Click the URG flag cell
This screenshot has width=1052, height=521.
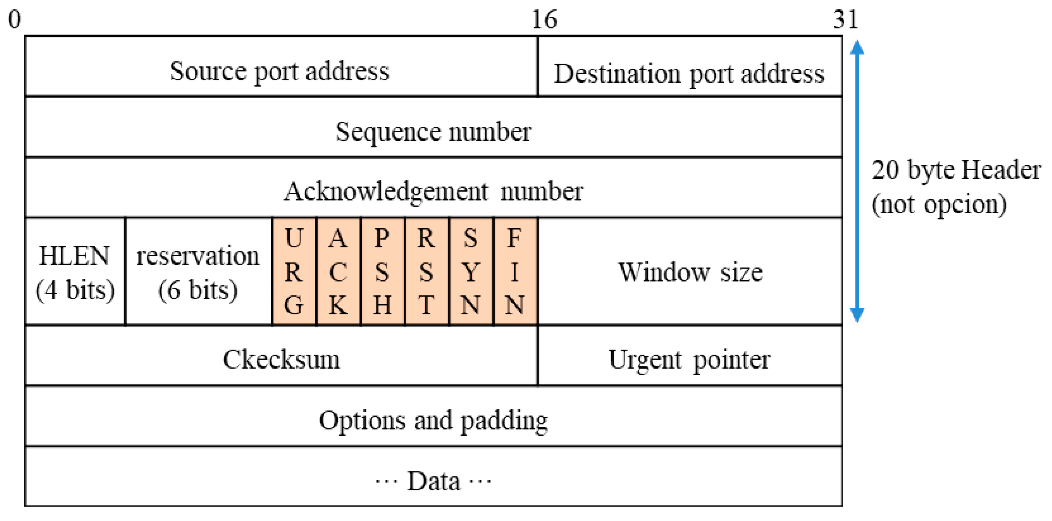[294, 271]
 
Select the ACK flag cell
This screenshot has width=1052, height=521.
[338, 271]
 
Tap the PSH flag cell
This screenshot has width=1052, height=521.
[382, 271]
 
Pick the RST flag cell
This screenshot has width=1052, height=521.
[426, 271]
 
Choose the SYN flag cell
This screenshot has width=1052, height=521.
[471, 271]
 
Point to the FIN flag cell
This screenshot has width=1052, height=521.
[514, 271]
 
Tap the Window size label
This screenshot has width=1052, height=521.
[690, 272]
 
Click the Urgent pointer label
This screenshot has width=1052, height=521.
[689, 359]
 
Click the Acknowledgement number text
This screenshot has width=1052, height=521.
[433, 191]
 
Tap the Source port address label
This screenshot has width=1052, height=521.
[279, 71]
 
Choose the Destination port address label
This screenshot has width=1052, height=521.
[689, 74]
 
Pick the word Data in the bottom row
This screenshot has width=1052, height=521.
[433, 481]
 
